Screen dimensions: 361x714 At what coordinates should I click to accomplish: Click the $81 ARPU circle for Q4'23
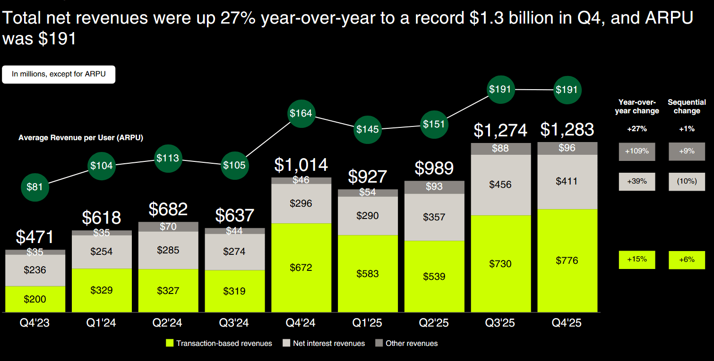tap(34, 187)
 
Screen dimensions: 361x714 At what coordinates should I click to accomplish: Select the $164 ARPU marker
tap(301, 113)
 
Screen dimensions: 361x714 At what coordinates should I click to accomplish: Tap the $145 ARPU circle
tap(368, 128)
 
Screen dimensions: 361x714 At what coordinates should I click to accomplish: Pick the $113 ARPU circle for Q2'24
tap(168, 158)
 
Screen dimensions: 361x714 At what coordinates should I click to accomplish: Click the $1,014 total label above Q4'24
tap(301, 165)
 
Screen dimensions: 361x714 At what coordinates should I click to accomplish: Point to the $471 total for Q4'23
tap(35, 237)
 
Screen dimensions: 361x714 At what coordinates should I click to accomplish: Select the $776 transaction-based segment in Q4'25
tap(567, 260)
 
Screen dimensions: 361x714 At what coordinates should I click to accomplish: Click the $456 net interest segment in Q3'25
tap(501, 185)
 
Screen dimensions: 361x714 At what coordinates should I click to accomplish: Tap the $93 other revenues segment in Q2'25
tap(434, 187)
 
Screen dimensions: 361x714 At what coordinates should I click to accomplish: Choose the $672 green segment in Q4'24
tap(301, 268)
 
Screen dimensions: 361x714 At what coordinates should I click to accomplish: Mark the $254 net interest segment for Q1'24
tap(102, 252)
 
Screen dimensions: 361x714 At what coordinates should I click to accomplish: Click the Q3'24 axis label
tap(235, 323)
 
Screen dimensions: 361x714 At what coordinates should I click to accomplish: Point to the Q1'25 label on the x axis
tap(368, 323)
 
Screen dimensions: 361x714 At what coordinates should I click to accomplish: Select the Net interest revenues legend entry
tap(324, 343)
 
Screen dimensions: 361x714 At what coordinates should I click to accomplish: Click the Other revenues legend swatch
tap(379, 343)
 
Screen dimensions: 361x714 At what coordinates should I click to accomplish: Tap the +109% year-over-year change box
tap(637, 152)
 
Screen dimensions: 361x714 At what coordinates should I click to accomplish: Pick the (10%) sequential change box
tap(687, 181)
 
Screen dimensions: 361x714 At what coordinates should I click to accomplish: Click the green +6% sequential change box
tap(687, 260)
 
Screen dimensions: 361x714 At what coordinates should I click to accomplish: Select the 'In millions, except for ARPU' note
tap(59, 74)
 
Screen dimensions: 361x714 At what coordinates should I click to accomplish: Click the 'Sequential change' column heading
tap(687, 106)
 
